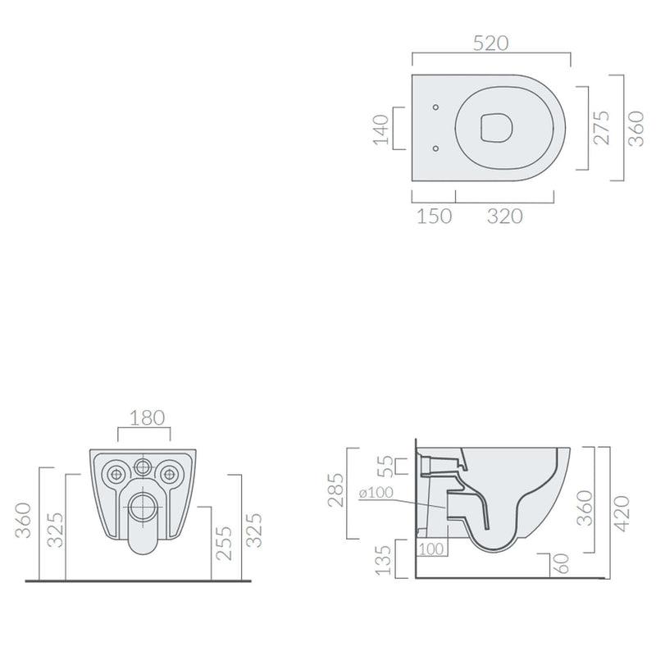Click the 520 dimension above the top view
[490, 43]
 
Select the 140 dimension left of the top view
[380, 130]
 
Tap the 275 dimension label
[602, 128]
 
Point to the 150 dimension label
[435, 216]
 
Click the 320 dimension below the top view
[504, 216]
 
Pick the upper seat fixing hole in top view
[435, 107]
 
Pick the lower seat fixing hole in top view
[435, 148]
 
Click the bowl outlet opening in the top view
[496, 127]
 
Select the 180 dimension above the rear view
[147, 417]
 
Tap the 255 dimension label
[223, 543]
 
